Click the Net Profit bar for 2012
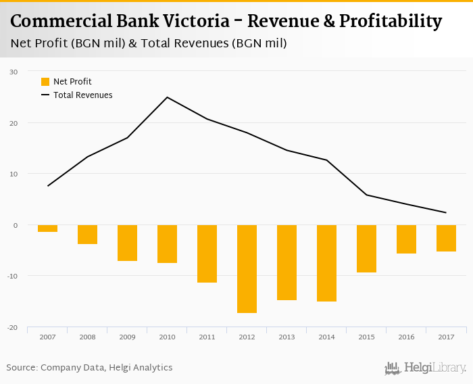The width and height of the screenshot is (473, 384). point(247,268)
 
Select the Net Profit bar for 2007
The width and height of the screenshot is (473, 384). point(47,229)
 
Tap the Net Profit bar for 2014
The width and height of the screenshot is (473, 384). point(326,263)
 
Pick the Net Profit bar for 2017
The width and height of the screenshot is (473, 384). point(446,238)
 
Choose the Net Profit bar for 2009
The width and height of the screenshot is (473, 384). point(127,243)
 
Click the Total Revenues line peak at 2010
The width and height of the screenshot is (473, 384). point(167,97)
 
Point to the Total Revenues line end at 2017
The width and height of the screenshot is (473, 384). point(446,212)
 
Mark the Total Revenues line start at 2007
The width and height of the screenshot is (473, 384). point(47,186)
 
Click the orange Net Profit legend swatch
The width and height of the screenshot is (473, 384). point(45,82)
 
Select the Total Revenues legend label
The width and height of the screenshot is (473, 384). point(82,95)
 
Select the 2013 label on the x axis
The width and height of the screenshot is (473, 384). point(287,337)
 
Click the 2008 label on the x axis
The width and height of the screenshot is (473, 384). point(87,337)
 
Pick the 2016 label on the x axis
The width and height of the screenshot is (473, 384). point(406,337)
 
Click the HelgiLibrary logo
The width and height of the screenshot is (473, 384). point(425,368)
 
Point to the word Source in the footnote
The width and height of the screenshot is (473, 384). point(21,368)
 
